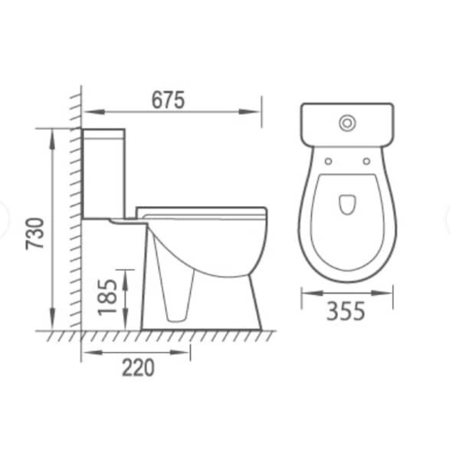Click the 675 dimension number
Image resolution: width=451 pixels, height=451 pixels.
[168, 100]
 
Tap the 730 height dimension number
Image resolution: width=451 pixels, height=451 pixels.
[35, 233]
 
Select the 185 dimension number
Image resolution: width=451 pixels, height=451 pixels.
[108, 297]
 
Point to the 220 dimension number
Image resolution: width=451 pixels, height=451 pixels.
[138, 368]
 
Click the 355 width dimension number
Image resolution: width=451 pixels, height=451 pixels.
[346, 311]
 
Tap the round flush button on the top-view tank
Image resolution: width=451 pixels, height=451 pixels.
[347, 123]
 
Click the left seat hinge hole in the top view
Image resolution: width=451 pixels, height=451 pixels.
[328, 161]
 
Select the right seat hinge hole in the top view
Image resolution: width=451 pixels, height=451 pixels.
[366, 161]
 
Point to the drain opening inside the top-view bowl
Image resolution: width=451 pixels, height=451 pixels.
[347, 205]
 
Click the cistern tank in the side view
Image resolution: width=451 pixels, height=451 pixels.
[104, 174]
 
